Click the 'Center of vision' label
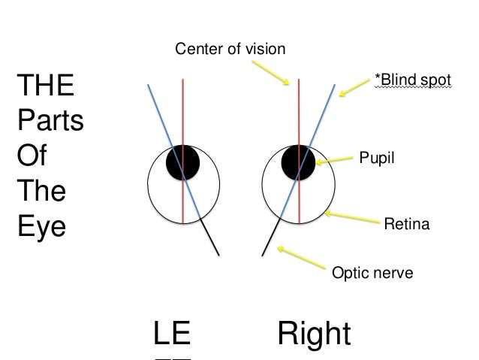pos(230,50)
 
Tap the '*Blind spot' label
pos(412,78)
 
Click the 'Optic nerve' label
pos(372,273)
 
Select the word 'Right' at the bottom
pos(314,334)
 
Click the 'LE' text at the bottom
pos(171,334)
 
